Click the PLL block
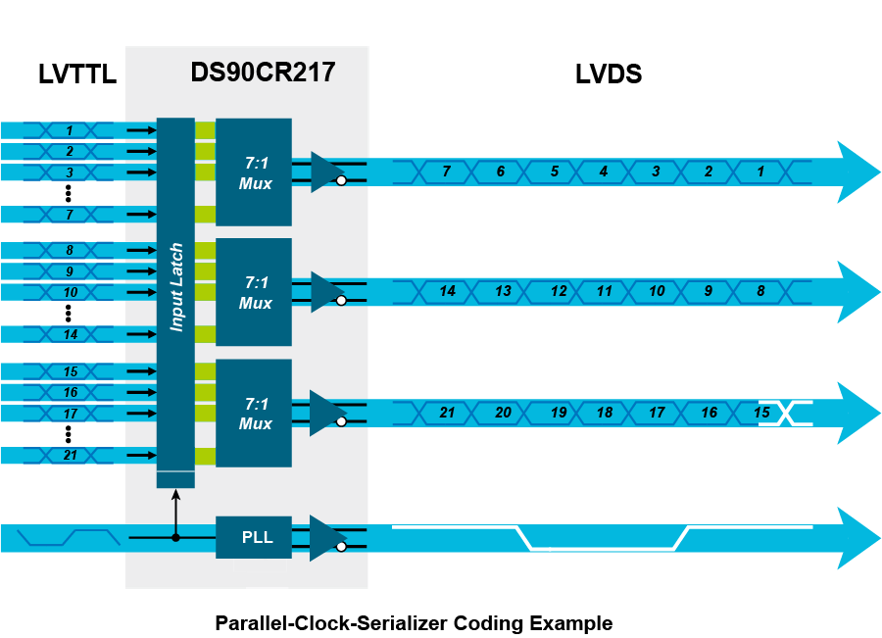254,537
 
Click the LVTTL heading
76,74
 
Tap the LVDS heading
608,74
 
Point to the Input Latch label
176,287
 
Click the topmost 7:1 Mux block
254,172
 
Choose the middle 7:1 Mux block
254,292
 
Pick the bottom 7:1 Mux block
254,413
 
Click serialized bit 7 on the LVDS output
446,172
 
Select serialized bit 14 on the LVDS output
448,291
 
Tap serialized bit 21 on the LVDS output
448,413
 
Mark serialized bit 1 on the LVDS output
759,172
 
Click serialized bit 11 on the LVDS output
605,291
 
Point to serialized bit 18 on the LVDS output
605,413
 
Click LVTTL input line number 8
70,251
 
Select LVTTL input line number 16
70,393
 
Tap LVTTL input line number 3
70,172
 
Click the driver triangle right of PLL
325,537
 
